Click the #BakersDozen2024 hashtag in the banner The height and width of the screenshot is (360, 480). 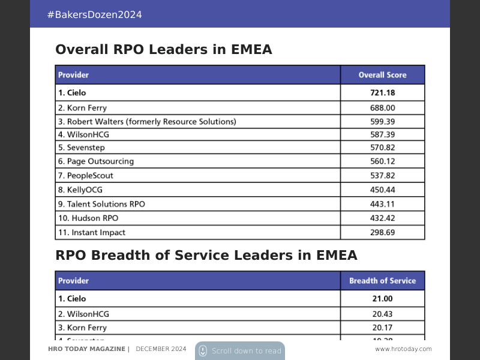[94, 14]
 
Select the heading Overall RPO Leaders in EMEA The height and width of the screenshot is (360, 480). [163, 50]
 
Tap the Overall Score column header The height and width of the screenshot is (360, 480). [382, 75]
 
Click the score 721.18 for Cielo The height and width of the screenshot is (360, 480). [382, 92]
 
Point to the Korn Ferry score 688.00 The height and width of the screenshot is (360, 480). [382, 108]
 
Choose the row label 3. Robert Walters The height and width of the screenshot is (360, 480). [147, 122]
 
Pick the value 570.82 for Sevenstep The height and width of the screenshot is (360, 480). [382, 147]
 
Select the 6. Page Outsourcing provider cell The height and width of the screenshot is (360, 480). [96, 161]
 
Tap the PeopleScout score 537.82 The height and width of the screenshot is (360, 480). [382, 175]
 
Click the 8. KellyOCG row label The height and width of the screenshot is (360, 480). [80, 190]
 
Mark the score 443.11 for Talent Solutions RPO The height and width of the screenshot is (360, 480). [382, 204]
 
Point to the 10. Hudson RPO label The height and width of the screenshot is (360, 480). [88, 218]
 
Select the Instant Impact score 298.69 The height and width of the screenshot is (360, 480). [382, 232]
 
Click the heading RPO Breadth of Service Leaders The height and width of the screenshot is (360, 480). [206, 256]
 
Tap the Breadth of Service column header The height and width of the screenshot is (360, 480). [382, 281]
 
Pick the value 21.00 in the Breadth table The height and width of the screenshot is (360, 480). [382, 298]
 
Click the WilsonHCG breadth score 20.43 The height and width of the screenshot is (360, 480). [382, 314]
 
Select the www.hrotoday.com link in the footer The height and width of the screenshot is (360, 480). [403, 349]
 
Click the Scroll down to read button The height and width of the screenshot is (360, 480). [240, 351]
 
